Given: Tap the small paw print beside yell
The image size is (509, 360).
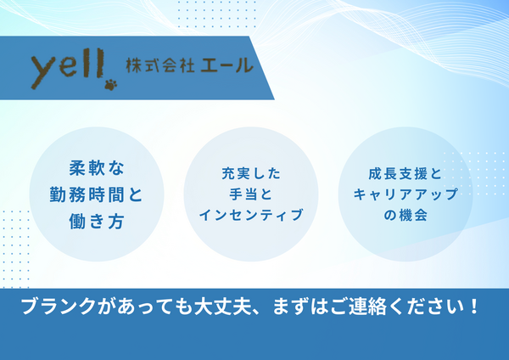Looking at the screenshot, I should click(111, 84).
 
